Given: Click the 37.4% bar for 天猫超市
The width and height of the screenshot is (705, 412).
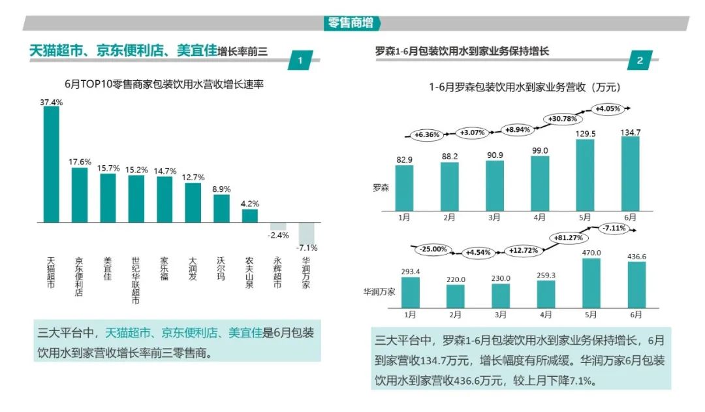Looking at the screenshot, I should pyautogui.click(x=51, y=164).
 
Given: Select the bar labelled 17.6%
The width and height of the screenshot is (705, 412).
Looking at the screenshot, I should pyautogui.click(x=80, y=195).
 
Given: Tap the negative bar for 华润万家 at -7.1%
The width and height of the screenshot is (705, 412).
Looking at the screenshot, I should pyautogui.click(x=306, y=232).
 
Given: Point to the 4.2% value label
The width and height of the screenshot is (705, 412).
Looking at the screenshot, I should pyautogui.click(x=249, y=203).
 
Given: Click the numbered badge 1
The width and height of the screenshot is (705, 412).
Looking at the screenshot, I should pyautogui.click(x=300, y=61).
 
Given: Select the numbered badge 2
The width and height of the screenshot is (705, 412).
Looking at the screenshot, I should pyautogui.click(x=639, y=61).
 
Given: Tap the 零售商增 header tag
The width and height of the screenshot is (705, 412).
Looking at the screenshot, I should pyautogui.click(x=352, y=23).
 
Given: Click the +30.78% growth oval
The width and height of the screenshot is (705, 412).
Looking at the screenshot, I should pyautogui.click(x=561, y=119).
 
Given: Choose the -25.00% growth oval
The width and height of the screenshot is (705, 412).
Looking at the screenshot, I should pyautogui.click(x=433, y=249).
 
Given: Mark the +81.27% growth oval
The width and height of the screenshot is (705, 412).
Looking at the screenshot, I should pyautogui.click(x=569, y=238).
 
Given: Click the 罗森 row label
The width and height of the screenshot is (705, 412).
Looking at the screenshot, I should pyautogui.click(x=381, y=188).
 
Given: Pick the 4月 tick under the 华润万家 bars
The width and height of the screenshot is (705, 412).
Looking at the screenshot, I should pyautogui.click(x=546, y=315).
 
